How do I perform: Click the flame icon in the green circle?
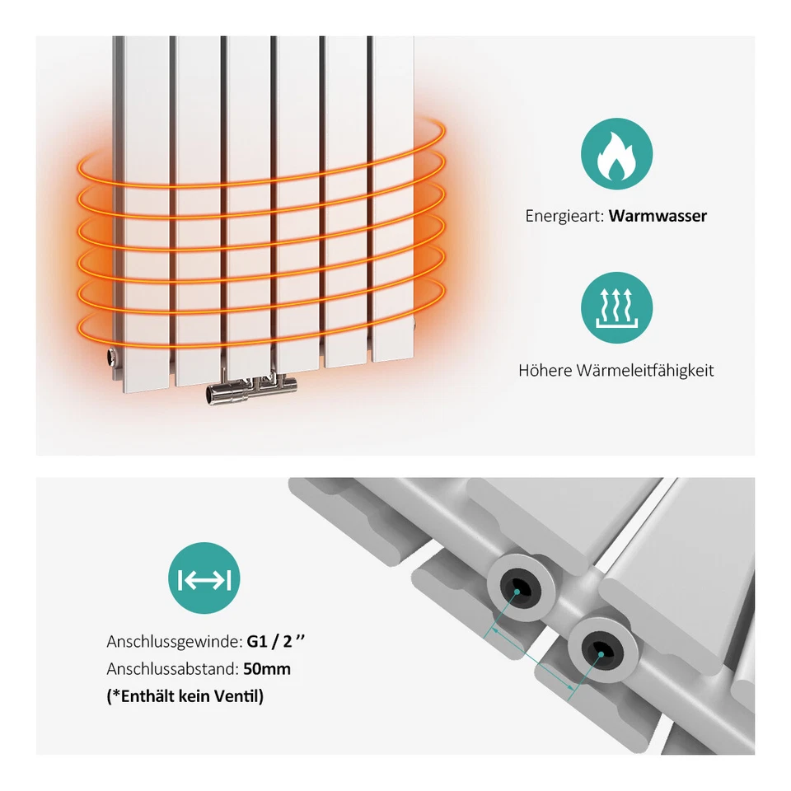coord(616,154)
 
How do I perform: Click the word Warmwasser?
coord(658,217)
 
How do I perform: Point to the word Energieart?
coord(564,217)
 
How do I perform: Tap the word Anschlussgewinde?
coord(174,641)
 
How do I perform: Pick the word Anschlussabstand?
coord(172,669)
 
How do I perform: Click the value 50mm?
coord(267,669)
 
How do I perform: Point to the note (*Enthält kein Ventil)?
coord(185,697)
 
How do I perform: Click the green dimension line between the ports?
coord(531,658)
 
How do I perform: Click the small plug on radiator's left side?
coord(110,358)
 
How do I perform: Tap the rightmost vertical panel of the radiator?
coord(392,198)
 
